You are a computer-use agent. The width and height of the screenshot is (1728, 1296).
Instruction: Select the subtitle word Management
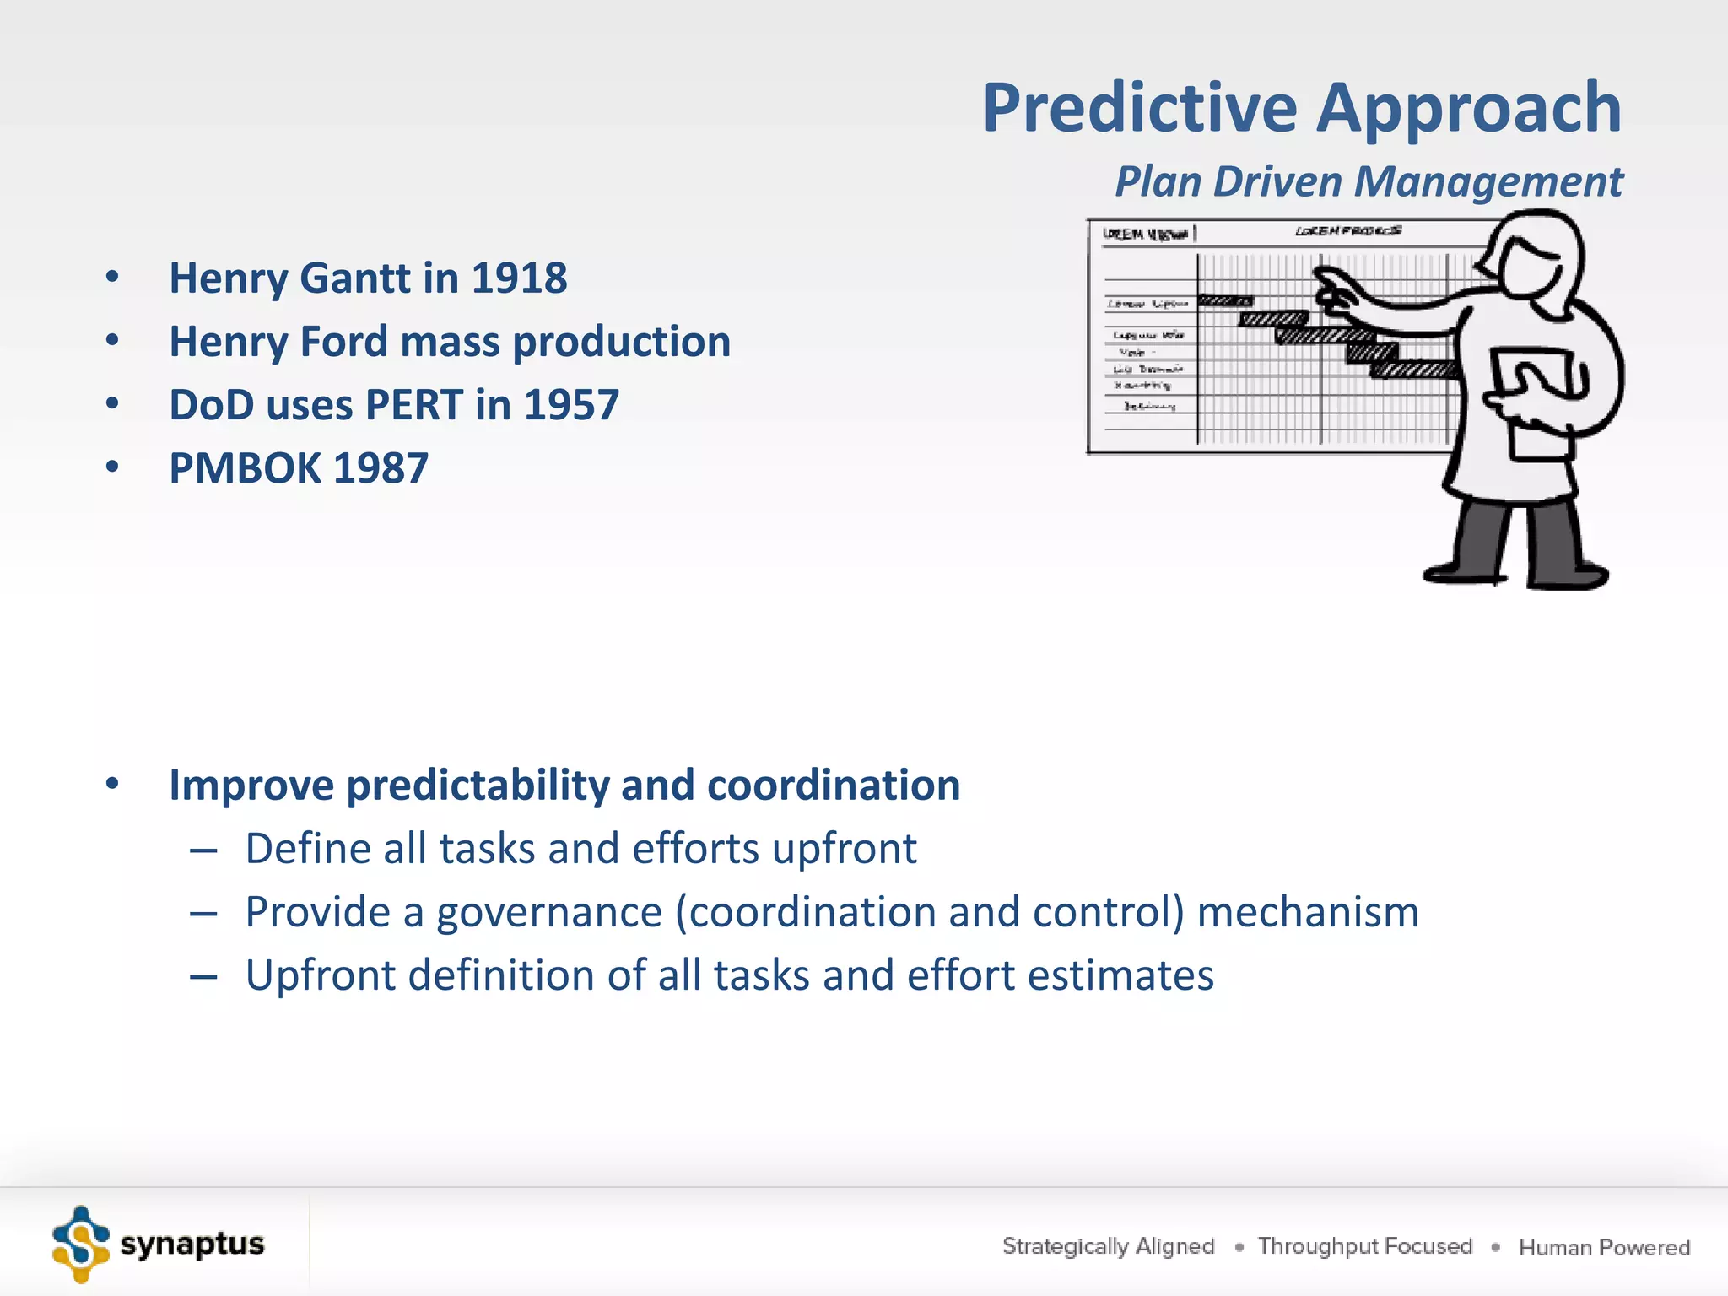(1488, 181)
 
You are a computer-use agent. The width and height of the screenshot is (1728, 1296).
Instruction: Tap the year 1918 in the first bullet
(519, 278)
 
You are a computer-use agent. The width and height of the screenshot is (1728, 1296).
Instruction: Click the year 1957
(571, 405)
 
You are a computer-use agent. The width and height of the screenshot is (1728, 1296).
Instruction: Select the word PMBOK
(244, 468)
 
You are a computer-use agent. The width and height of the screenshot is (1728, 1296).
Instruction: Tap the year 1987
(381, 468)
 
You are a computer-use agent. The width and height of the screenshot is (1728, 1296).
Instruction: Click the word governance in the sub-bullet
(548, 912)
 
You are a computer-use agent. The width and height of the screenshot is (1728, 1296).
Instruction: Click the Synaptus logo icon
(81, 1245)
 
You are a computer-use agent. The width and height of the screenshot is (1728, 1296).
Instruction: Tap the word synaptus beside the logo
(192, 1245)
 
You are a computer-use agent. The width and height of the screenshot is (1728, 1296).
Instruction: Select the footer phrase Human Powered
(1604, 1247)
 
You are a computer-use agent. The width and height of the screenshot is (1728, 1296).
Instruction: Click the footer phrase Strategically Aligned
(1108, 1246)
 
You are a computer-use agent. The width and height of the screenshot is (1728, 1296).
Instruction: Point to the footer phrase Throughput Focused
(1364, 1246)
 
